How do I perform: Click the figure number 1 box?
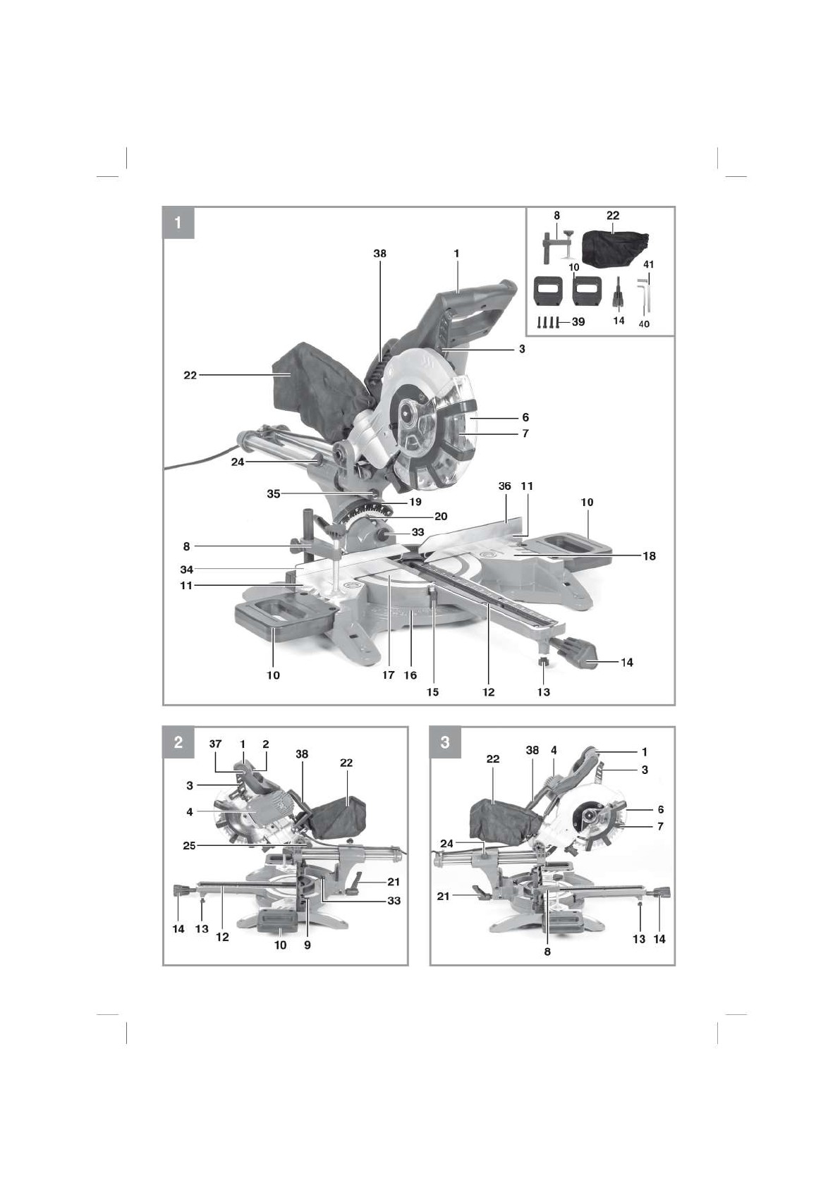click(178, 223)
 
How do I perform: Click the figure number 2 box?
click(178, 742)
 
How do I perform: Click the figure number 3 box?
click(445, 742)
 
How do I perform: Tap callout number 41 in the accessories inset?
click(649, 265)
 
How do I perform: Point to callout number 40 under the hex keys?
click(644, 324)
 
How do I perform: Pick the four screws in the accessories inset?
click(548, 322)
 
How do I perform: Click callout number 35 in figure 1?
click(274, 494)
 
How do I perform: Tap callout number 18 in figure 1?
click(649, 556)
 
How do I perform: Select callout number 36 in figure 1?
click(504, 486)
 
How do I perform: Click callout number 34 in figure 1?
click(186, 569)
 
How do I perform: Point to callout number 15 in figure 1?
click(432, 692)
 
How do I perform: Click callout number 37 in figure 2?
click(216, 744)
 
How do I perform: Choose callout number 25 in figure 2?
click(189, 845)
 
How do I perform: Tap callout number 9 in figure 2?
click(308, 945)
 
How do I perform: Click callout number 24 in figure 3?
click(446, 844)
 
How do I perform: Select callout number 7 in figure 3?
click(660, 826)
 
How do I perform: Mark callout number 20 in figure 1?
click(441, 517)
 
